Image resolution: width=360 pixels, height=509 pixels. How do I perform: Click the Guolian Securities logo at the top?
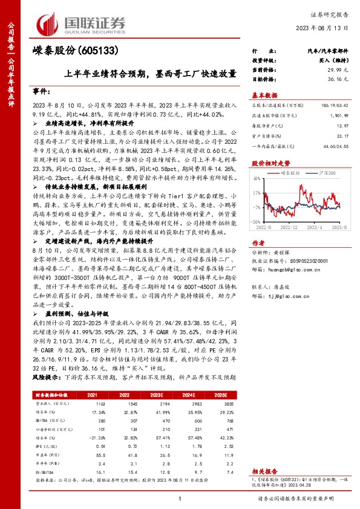(82, 23)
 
